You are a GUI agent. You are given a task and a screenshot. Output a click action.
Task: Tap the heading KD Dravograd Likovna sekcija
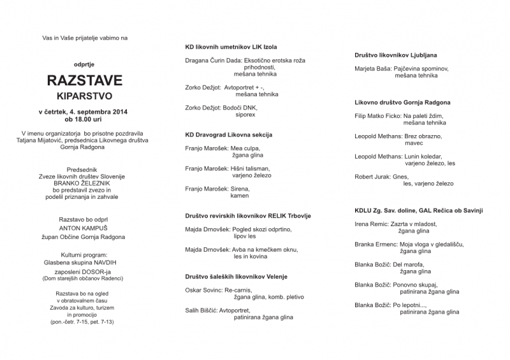coord(228,136)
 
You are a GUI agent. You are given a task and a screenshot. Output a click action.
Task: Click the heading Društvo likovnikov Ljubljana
coord(396,55)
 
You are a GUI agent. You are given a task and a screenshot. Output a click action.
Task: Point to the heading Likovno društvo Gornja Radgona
coord(402,102)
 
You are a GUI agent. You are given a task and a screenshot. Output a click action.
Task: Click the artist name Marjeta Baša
coord(373,68)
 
